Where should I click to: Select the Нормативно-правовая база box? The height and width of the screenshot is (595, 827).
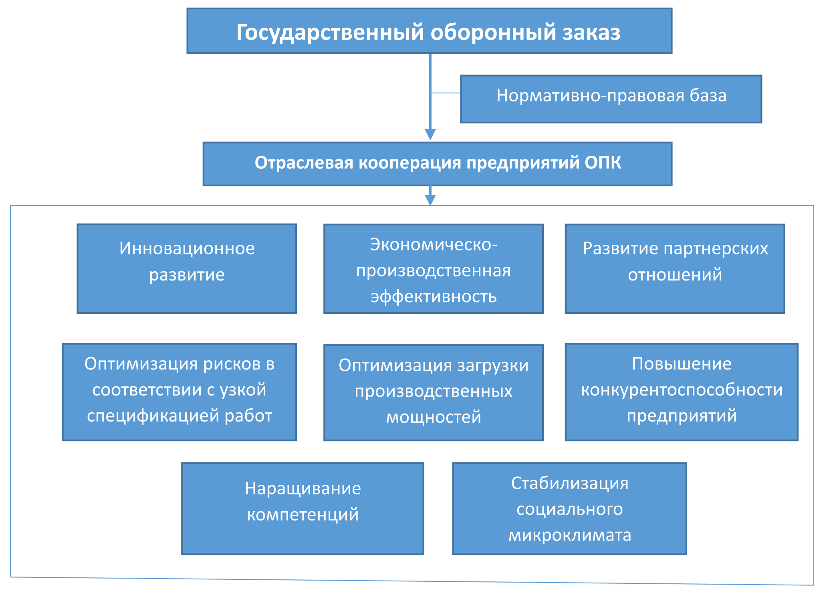[x=611, y=99]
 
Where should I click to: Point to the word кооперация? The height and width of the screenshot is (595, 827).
[x=409, y=163]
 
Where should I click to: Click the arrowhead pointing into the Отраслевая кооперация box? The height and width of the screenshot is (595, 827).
[x=430, y=134]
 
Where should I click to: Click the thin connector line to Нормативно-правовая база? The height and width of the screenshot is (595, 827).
[x=446, y=93]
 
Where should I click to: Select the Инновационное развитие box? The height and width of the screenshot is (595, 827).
[x=187, y=268]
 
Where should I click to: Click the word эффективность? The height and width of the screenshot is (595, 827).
[x=434, y=297]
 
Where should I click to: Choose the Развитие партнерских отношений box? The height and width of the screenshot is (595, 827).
[x=675, y=268]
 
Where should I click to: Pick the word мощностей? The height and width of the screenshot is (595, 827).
[x=434, y=418]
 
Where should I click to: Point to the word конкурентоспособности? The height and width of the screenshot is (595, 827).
[x=682, y=390]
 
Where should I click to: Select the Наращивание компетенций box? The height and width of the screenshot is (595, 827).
[x=303, y=508]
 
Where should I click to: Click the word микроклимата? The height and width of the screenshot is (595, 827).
[x=569, y=535]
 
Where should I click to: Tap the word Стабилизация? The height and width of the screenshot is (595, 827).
[x=569, y=483]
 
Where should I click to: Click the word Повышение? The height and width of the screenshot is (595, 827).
[x=682, y=364]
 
